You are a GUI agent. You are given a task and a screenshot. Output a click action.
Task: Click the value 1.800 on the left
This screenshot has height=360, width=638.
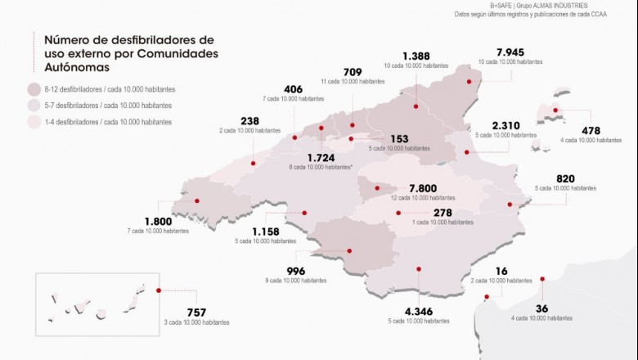pyautogui.click(x=159, y=222)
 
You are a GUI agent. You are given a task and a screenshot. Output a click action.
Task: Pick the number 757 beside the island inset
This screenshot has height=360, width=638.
pyautogui.click(x=195, y=313)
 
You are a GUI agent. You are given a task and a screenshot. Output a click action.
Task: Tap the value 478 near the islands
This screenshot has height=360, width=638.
pyautogui.click(x=591, y=131)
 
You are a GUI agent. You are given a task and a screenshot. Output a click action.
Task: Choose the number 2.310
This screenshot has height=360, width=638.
pyautogui.click(x=508, y=126)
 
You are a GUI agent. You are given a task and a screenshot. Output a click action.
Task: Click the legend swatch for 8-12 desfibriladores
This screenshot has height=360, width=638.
pyautogui.click(x=34, y=89)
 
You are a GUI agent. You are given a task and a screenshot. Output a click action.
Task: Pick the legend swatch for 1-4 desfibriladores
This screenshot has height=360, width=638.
pyautogui.click(x=34, y=122)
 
